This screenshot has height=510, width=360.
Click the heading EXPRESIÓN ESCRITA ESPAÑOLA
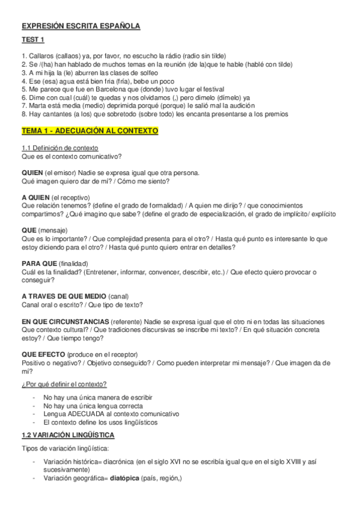point(81,26)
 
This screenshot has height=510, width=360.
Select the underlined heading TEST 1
point(33,40)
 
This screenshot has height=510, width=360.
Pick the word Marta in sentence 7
point(38,106)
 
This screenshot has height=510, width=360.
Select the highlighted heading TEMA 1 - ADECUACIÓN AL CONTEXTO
point(90,131)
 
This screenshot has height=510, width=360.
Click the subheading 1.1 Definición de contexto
point(60,148)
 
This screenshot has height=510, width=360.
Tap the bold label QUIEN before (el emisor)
point(32,173)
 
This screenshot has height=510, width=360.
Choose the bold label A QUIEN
point(35,197)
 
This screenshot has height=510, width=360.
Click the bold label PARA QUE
point(39,263)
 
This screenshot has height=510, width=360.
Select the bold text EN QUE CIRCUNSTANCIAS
point(65,322)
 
